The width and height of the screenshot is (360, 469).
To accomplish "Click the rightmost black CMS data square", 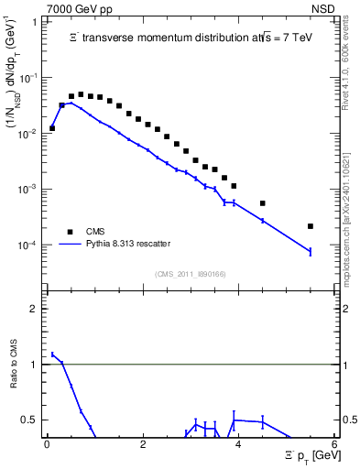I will coord(311,226).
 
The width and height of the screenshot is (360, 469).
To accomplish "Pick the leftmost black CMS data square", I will coord(52,128).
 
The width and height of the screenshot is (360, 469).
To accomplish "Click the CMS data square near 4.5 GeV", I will coord(263,203).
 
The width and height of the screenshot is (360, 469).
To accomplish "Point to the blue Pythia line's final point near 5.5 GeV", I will coord(311,252).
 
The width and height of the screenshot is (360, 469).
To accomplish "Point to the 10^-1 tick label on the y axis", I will coord(29,78).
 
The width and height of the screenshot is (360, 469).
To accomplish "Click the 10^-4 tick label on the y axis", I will coord(29,245).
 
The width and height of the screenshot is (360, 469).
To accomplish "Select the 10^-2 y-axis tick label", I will coord(29,134).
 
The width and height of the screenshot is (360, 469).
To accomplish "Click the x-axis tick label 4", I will coord(239,446).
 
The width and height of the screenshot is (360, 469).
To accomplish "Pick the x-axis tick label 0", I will coord(48,446).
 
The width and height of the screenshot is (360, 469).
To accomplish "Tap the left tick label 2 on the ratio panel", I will coord(35,309).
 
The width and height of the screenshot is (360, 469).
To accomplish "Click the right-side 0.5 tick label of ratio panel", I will coord(348,420).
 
